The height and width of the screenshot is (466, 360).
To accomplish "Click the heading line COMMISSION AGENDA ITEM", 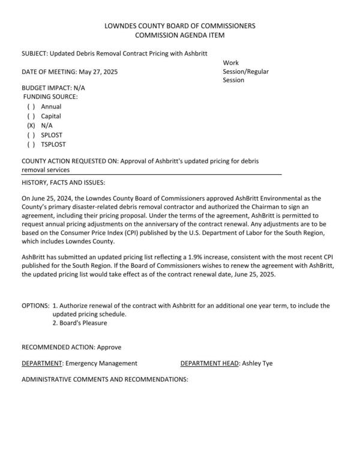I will tap(179, 35).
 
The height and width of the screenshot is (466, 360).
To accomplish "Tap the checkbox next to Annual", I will tap(31, 106).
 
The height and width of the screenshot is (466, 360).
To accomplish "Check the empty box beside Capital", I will tap(31, 116).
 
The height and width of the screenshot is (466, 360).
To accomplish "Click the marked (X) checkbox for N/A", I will tap(31, 126).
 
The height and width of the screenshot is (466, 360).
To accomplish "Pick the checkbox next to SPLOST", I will tap(31, 135).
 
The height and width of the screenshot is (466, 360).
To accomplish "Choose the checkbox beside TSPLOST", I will tap(31, 145).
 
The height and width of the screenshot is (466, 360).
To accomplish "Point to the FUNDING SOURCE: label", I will tap(50, 97).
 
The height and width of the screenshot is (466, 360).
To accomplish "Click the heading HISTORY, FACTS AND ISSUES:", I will tap(63, 182).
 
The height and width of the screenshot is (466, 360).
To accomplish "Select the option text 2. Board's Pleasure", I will tap(80, 322).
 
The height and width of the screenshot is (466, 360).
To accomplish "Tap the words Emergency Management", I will tap(101, 363).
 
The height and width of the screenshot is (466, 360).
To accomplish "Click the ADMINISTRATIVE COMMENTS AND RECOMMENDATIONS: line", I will tap(105, 380).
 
